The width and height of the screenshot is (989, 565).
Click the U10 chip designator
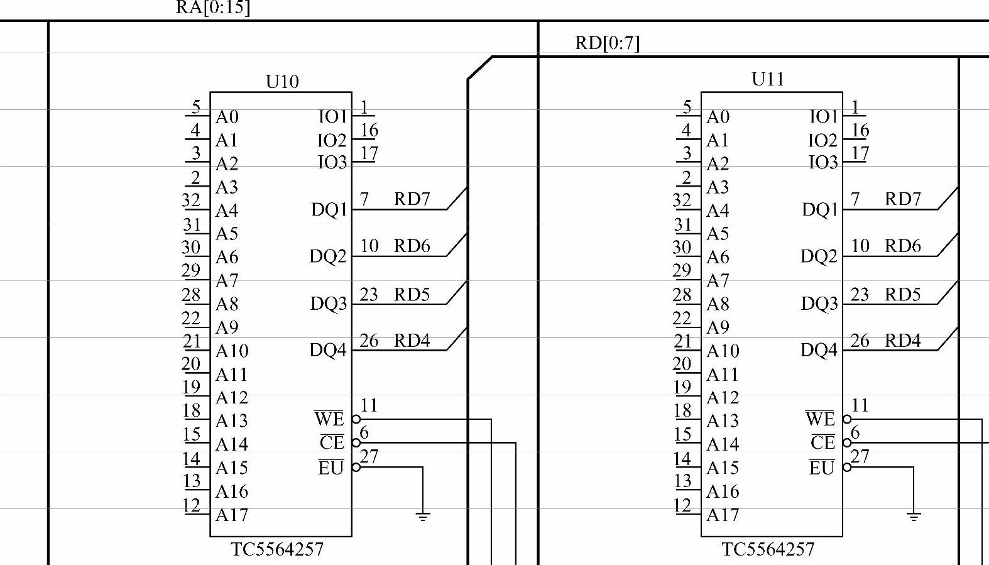click(282, 82)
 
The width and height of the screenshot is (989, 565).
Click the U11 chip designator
click(767, 80)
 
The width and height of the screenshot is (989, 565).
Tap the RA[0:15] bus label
click(212, 8)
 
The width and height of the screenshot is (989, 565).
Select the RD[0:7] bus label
click(607, 43)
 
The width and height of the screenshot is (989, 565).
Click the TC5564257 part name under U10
click(277, 549)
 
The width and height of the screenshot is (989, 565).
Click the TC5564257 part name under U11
click(768, 549)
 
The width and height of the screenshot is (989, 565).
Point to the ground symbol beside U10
click(423, 516)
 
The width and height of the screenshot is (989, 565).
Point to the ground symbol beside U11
click(914, 516)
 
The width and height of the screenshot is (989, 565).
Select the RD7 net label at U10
click(412, 199)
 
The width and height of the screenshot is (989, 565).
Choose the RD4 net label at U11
click(902, 341)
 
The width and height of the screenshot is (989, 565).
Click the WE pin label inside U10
click(329, 419)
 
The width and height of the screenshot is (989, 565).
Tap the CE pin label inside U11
click(822, 442)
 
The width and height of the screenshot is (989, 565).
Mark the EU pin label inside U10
click(331, 468)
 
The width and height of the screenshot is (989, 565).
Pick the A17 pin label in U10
click(232, 515)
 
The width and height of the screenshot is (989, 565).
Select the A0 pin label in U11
click(718, 117)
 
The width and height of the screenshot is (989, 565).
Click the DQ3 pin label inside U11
click(819, 304)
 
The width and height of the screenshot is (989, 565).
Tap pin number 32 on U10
click(191, 200)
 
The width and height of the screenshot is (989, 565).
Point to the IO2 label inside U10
click(332, 140)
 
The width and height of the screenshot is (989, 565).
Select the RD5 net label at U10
click(412, 294)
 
